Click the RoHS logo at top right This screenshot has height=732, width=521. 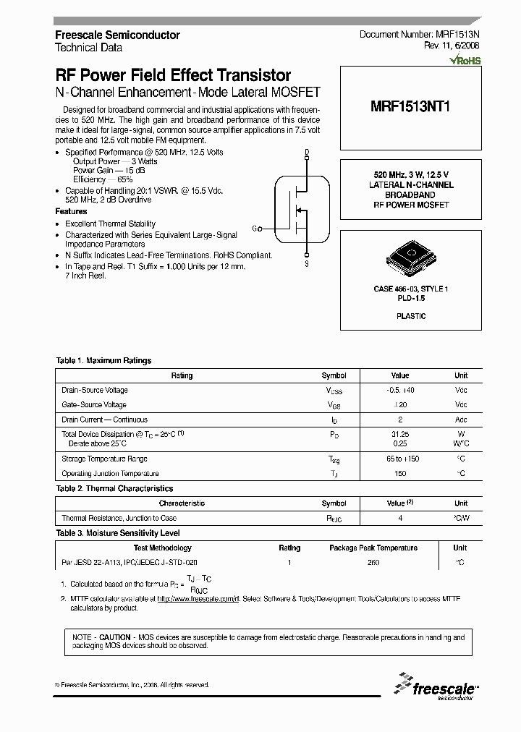[465, 61]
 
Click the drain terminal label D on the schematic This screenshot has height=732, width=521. [307, 153]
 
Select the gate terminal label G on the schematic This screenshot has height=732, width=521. [255, 229]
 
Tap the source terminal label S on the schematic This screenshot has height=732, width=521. [307, 265]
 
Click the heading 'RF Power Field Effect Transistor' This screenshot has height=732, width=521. [173, 75]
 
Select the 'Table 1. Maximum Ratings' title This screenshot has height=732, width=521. [103, 360]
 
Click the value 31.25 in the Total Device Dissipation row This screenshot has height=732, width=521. [399, 434]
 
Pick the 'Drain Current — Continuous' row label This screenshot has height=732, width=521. [104, 420]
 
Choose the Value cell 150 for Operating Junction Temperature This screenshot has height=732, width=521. [399, 474]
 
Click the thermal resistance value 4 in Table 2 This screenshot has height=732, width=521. [399, 518]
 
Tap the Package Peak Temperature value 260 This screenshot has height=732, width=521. [373, 562]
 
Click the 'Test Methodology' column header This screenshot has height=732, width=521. [163, 548]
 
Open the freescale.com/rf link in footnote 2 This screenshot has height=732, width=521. [197, 599]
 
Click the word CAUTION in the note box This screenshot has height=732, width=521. [115, 637]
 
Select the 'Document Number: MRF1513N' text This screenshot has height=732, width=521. [420, 35]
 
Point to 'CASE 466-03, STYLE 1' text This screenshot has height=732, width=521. [410, 289]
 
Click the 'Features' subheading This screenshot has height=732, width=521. [71, 211]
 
